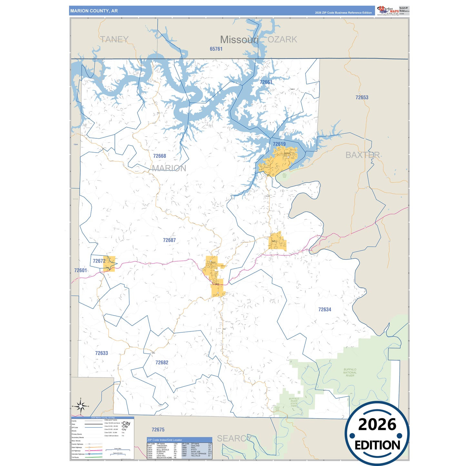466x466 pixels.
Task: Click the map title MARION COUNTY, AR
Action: (94, 11)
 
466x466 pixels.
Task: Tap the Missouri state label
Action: (239, 40)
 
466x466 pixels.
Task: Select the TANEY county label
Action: (114, 39)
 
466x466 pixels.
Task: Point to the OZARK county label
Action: (282, 39)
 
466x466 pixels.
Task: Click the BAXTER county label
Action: (362, 155)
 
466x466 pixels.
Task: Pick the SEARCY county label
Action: (233, 439)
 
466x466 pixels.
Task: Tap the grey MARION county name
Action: (169, 168)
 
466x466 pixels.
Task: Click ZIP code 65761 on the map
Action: (216, 49)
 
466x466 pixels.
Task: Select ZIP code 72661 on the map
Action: (266, 82)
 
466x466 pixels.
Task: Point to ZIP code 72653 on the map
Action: (362, 97)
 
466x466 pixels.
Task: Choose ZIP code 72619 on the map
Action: (279, 144)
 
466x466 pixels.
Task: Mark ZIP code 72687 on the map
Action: (169, 240)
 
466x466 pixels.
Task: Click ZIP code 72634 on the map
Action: (325, 310)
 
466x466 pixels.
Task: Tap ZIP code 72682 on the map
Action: (162, 362)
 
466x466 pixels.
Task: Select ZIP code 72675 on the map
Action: (158, 430)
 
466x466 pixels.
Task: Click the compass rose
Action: (81, 406)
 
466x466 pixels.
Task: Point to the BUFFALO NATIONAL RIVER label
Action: (350, 372)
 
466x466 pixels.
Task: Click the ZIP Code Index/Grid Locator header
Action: (165, 440)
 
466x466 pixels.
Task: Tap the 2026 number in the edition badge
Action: (377, 425)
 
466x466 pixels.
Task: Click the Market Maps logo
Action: (388, 10)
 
